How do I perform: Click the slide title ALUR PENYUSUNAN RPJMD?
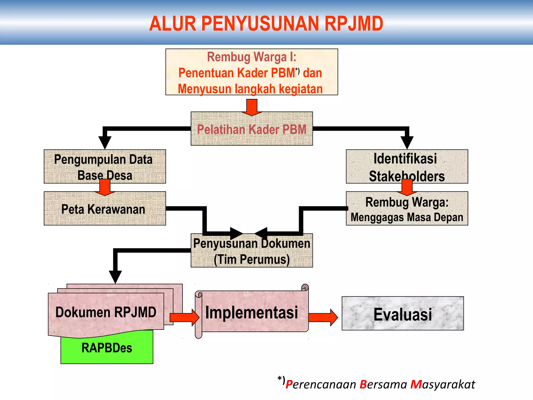click(x=266, y=23)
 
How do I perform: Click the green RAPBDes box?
click(x=107, y=348)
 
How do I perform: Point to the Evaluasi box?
click(x=403, y=314)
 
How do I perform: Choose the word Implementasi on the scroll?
click(x=252, y=312)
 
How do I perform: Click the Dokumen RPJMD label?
click(x=106, y=312)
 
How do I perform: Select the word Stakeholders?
click(x=407, y=177)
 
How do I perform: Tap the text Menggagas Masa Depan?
click(x=407, y=217)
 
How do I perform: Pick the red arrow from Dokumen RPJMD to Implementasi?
click(x=184, y=317)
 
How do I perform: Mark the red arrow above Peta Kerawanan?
click(x=105, y=187)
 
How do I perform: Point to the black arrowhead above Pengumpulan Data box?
click(x=105, y=142)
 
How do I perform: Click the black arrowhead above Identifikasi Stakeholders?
click(x=407, y=142)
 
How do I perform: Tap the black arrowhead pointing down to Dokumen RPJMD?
click(x=115, y=277)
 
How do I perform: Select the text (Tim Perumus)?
click(x=252, y=260)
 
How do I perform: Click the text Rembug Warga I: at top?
click(x=252, y=57)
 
